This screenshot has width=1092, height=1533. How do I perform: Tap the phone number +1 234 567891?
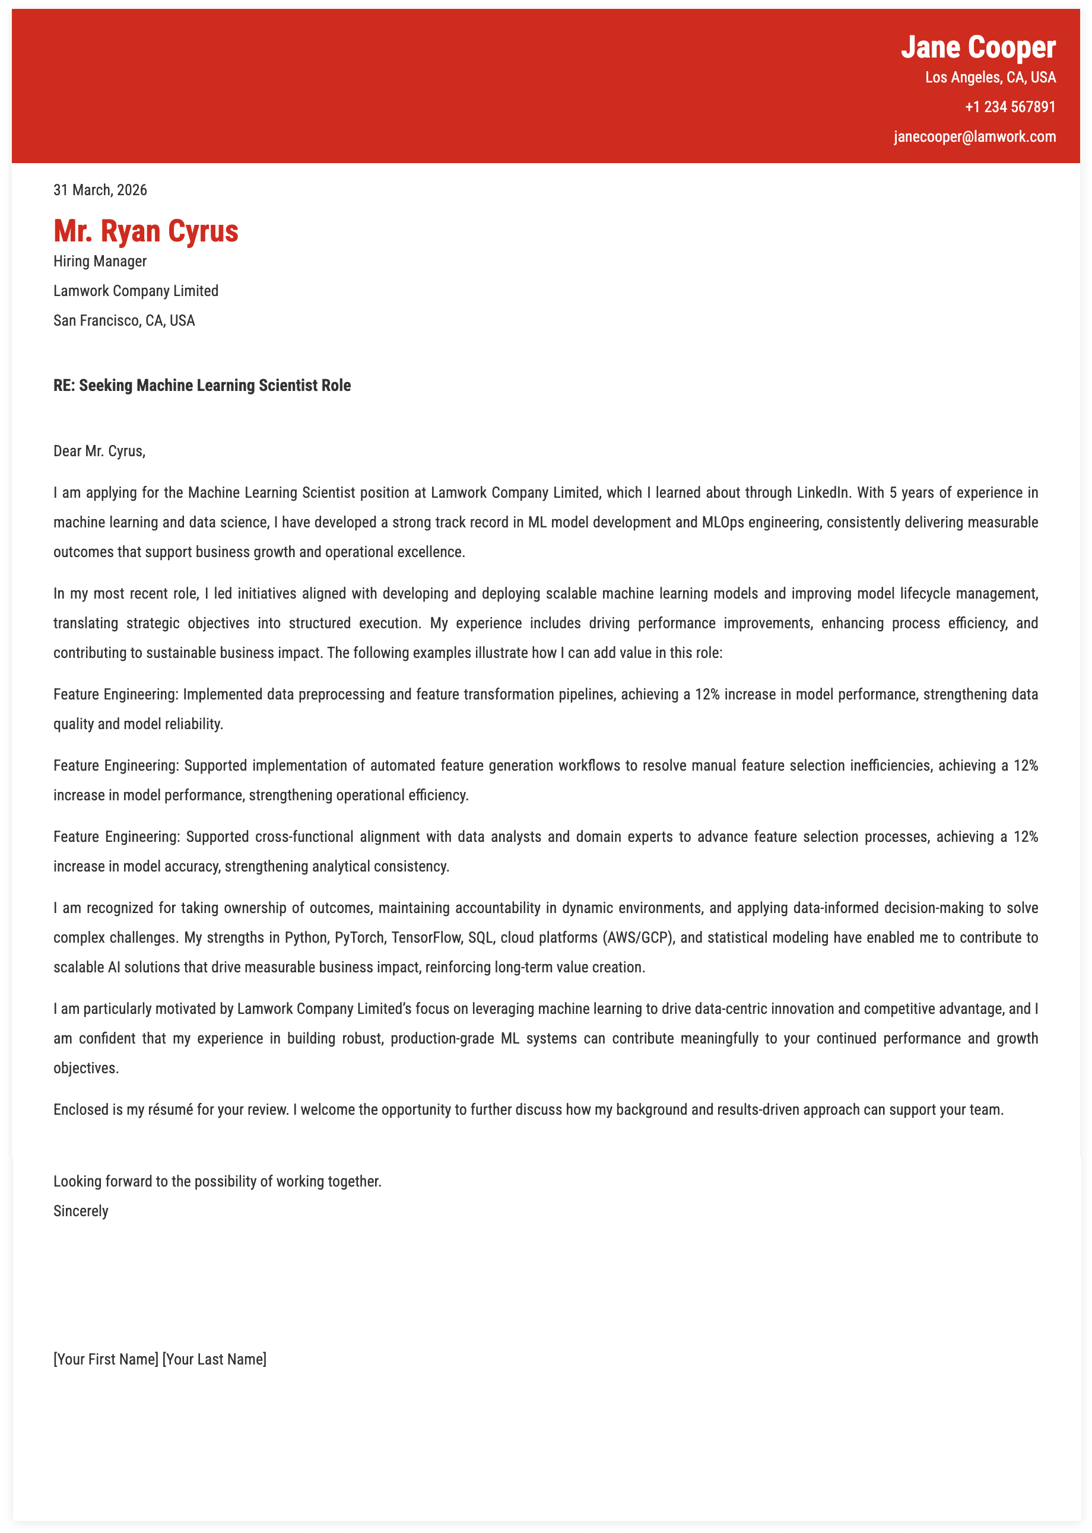click(1010, 107)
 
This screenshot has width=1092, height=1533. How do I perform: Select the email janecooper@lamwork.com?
click(974, 137)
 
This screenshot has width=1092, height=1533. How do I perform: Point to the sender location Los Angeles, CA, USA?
click(990, 77)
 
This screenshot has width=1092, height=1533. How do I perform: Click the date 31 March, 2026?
click(100, 190)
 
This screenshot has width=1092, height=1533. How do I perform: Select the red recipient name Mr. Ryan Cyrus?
click(146, 231)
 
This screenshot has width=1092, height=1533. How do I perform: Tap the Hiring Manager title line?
click(100, 262)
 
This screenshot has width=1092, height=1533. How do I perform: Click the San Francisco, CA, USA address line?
click(125, 320)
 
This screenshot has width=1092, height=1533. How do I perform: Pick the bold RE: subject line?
click(202, 386)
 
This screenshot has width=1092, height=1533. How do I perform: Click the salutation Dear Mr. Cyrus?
click(100, 451)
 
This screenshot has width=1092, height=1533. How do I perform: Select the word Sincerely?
click(81, 1211)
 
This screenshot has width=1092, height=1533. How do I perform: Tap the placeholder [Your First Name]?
click(106, 1359)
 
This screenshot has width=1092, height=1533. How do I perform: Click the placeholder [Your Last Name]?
click(214, 1359)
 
